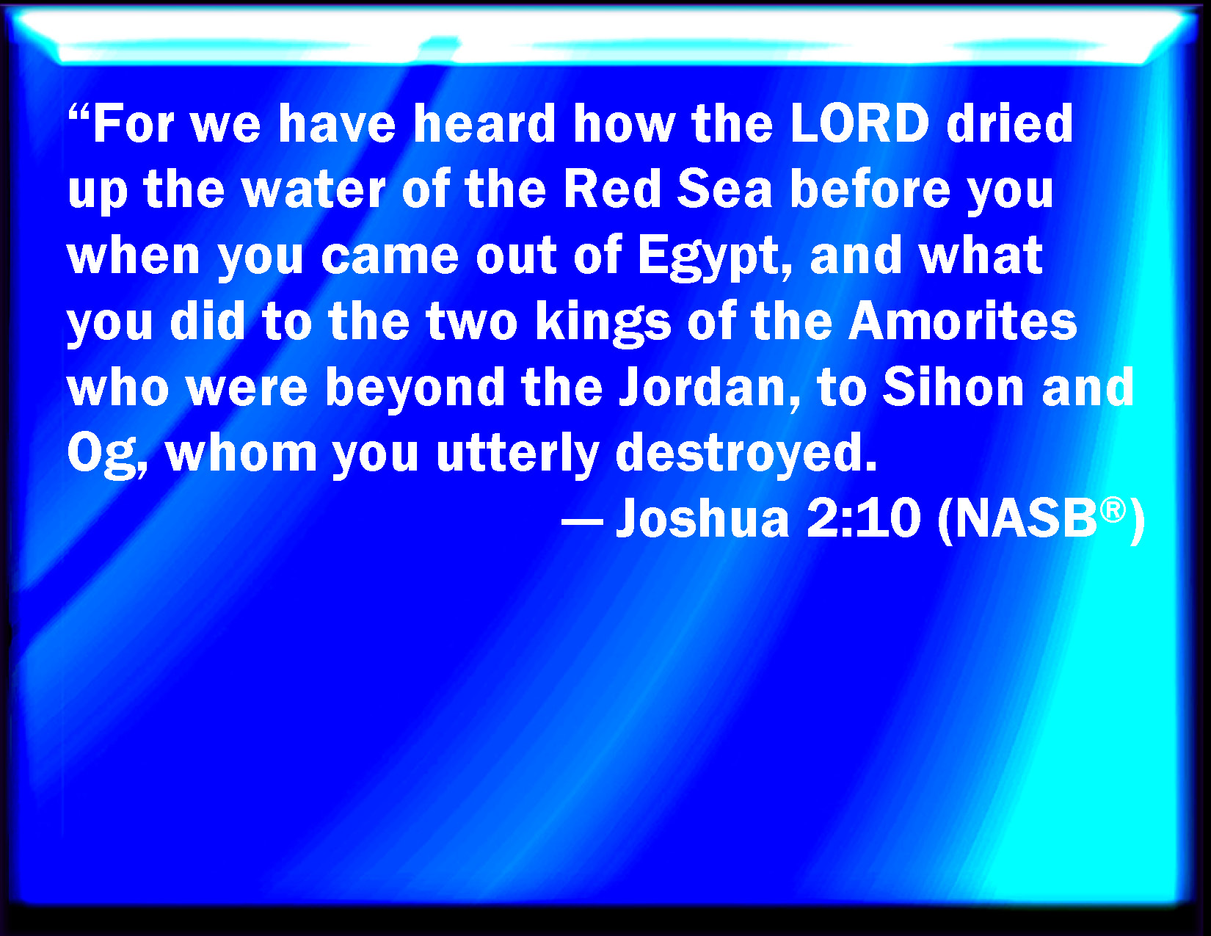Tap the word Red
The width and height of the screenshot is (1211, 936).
[612, 189]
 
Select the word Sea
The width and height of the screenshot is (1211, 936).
[725, 189]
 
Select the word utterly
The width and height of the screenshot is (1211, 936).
[518, 454]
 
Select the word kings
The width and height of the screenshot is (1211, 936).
[603, 322]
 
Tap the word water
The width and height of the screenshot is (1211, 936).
[313, 190]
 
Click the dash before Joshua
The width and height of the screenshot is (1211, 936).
[582, 523]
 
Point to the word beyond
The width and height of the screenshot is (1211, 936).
[415, 388]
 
